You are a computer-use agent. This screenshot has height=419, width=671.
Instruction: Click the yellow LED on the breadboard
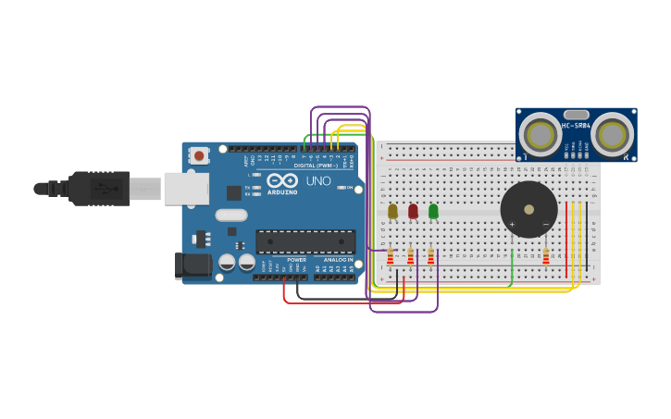[392, 212]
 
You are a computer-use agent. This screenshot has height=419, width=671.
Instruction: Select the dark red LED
[413, 212]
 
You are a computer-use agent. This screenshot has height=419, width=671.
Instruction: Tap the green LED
[433, 212]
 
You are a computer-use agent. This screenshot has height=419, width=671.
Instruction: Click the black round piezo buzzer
[528, 210]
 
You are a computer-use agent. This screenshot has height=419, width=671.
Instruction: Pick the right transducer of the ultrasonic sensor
[612, 135]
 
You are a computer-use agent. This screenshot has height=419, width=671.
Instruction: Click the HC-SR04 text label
[576, 125]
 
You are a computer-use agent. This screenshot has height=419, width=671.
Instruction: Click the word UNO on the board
[318, 181]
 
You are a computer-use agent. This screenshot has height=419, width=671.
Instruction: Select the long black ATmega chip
[305, 241]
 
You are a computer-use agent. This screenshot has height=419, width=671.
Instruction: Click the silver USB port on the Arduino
[186, 188]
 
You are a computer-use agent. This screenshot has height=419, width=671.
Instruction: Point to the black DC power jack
[193, 265]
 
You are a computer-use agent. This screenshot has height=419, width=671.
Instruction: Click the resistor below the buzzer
[546, 256]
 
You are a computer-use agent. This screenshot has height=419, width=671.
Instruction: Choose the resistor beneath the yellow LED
[390, 255]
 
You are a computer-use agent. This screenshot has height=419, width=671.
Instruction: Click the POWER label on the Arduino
[296, 260]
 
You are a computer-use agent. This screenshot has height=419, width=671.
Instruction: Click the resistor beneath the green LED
[430, 255]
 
